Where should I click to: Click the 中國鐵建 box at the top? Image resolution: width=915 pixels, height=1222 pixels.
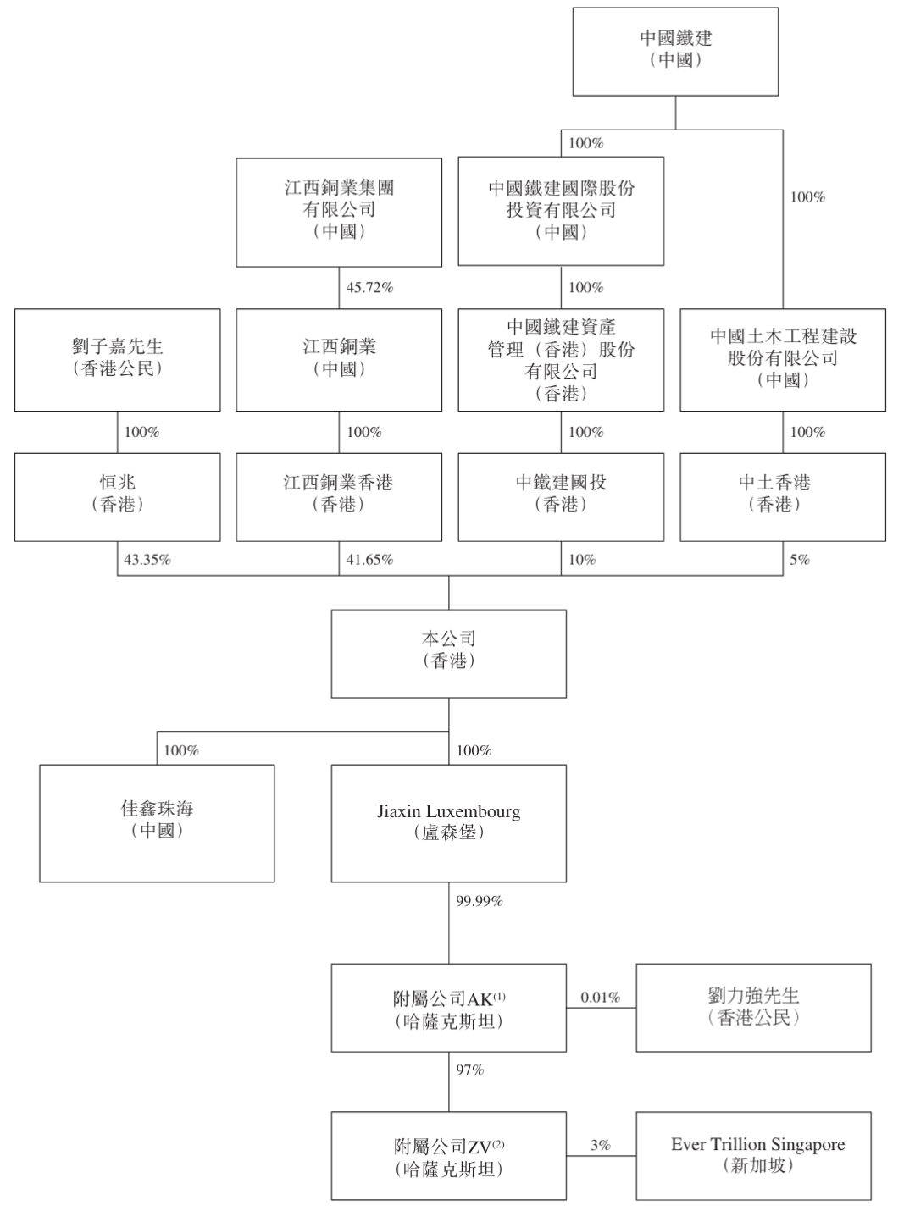(675, 51)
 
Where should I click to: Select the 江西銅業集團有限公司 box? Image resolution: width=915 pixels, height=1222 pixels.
(339, 212)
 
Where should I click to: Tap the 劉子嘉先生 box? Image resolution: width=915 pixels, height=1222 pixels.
(117, 360)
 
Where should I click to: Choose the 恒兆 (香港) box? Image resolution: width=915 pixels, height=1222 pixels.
(117, 496)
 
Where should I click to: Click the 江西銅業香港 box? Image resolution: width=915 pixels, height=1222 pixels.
(339, 496)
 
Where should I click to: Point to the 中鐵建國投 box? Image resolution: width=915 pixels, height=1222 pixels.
(561, 496)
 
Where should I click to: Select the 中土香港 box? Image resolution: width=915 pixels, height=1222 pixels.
(783, 496)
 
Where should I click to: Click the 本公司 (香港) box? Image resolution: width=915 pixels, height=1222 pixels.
(448, 654)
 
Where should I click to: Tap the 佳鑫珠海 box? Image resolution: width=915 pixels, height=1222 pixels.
(157, 823)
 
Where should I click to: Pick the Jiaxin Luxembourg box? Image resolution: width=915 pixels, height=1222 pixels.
(448, 823)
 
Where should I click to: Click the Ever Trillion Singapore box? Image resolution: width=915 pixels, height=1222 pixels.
(753, 1156)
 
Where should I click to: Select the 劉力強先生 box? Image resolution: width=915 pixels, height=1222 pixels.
(753, 1008)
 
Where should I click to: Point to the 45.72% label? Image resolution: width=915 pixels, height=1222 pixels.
(369, 287)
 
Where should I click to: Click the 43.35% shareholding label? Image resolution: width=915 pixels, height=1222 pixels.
(147, 560)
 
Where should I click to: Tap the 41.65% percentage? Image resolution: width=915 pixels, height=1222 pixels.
(369, 560)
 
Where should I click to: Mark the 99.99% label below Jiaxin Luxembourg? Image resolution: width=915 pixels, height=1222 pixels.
(479, 901)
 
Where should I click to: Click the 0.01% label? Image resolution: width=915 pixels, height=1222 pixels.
(601, 997)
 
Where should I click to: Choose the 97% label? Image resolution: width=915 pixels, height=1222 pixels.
(469, 1070)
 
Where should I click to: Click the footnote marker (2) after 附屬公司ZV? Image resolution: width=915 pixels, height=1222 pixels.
(498, 1145)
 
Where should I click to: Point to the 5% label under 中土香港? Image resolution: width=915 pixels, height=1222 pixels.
(800, 560)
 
